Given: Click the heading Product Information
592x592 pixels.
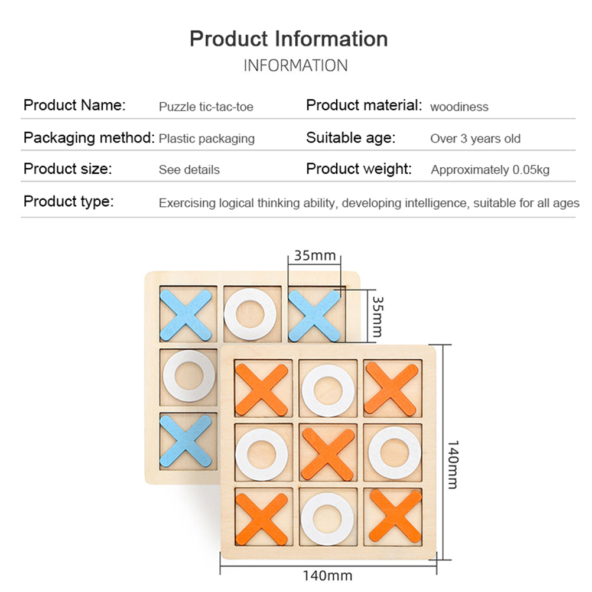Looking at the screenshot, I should tap(288, 39).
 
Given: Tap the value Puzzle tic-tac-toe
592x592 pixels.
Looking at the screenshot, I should tap(206, 107).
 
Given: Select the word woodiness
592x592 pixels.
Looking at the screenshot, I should tap(459, 107).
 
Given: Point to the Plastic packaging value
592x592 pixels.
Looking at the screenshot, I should tap(206, 139).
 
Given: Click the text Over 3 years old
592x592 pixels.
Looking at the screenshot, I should tap(475, 139).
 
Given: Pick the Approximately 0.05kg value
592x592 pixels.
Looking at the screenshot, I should tap(490, 170).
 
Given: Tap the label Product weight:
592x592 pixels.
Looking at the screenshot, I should tap(359, 169).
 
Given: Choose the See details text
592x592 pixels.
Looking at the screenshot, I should tap(188, 170).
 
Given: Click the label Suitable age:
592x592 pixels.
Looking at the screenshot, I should tap(350, 138).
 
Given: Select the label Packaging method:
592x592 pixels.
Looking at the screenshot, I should tap(89, 138).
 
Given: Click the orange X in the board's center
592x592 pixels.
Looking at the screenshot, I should tap(328, 454).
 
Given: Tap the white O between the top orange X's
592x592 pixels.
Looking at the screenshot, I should tap(328, 391).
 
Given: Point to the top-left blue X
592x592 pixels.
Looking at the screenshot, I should tap(186, 314).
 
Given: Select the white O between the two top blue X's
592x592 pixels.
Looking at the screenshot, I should tap(250, 314).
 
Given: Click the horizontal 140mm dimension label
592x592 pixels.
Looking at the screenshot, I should tap(327, 575).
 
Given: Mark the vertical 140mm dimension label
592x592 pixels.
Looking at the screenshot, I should tap(452, 464).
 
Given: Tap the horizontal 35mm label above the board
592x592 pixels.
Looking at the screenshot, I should tap(315, 256).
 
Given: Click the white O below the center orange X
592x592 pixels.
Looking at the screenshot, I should tap(328, 518).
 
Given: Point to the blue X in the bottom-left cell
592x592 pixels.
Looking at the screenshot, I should tap(186, 440).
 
